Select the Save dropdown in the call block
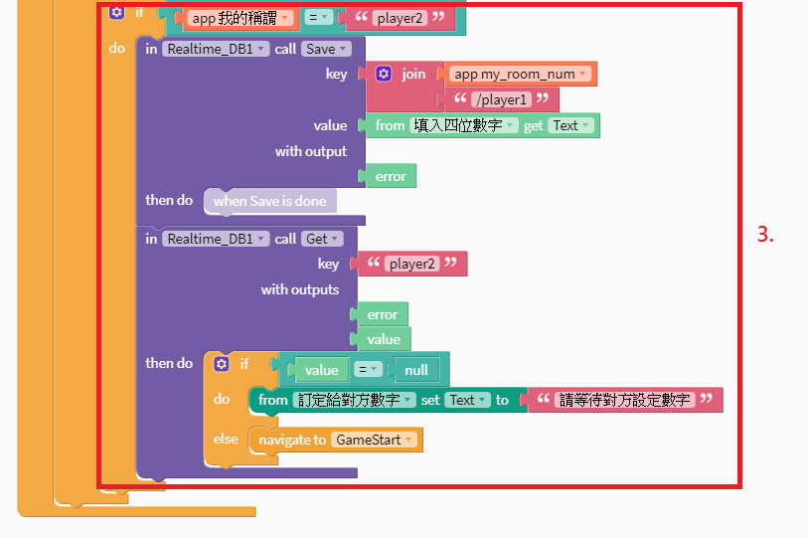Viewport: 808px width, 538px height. click(x=326, y=49)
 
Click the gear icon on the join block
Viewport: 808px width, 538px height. click(x=384, y=74)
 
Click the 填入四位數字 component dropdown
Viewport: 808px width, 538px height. click(x=465, y=125)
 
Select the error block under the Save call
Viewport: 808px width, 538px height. click(x=391, y=177)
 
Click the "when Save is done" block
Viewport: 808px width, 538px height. click(x=269, y=201)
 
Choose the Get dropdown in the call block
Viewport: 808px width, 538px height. click(x=322, y=239)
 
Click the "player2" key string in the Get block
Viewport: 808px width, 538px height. click(x=411, y=264)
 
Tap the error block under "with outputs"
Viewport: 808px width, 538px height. click(x=383, y=315)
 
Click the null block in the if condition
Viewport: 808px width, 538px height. click(x=416, y=370)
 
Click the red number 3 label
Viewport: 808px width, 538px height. click(x=765, y=235)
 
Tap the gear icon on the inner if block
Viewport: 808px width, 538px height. click(x=222, y=364)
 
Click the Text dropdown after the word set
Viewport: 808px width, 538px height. click(x=466, y=400)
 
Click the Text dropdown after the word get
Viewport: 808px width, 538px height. click(x=571, y=125)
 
